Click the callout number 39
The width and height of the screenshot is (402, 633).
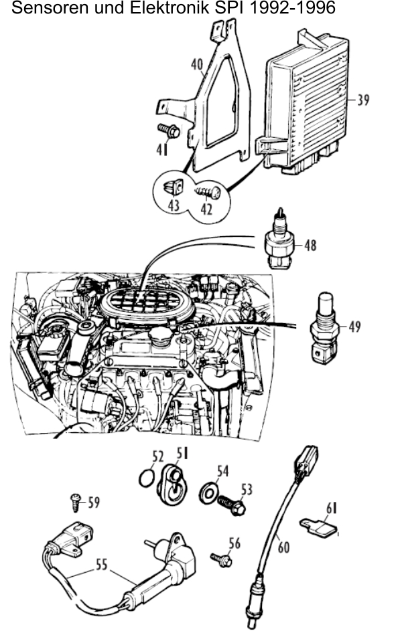tap(362, 100)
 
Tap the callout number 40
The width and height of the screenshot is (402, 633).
tap(197, 65)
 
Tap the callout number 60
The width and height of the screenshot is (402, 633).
tap(283, 547)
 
